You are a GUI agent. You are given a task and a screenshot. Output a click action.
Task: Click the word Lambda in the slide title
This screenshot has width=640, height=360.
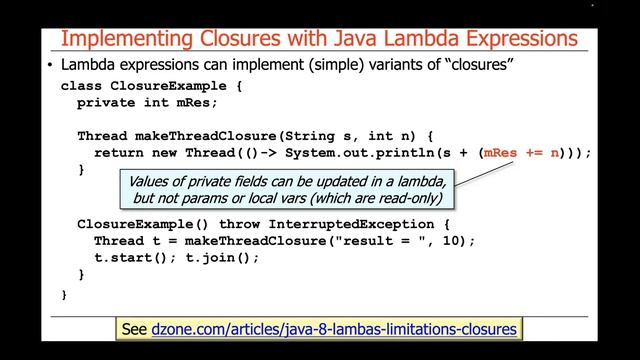(425, 39)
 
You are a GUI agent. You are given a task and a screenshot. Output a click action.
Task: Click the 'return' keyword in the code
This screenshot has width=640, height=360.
(118, 153)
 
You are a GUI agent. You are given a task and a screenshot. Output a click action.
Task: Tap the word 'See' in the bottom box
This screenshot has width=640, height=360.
(133, 328)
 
